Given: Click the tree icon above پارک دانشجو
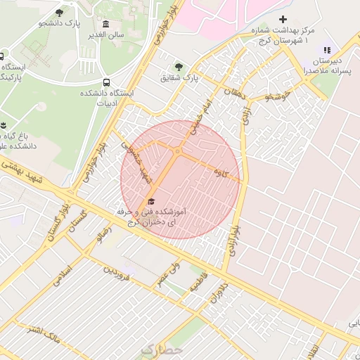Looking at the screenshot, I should (x=58, y=13).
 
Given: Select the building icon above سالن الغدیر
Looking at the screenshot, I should (x=106, y=24).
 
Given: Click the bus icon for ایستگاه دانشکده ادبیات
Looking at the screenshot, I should (x=106, y=82).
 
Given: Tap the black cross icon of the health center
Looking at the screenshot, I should (x=283, y=19).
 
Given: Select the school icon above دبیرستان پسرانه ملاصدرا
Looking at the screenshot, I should (x=326, y=49).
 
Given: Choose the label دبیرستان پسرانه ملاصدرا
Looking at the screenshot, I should (x=326, y=66).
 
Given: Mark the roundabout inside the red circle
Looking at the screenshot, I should (x=178, y=151).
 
